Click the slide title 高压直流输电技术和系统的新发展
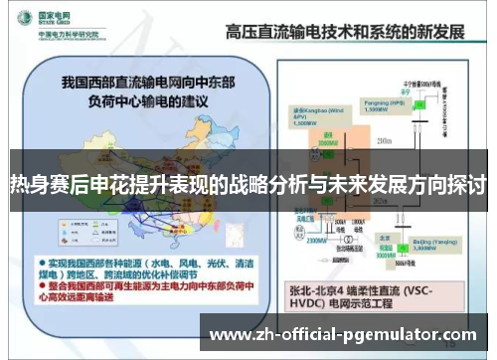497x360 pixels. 344,31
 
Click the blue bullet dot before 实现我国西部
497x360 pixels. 43,257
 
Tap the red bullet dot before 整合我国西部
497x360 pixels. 43,285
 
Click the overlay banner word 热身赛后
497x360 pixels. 40,184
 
